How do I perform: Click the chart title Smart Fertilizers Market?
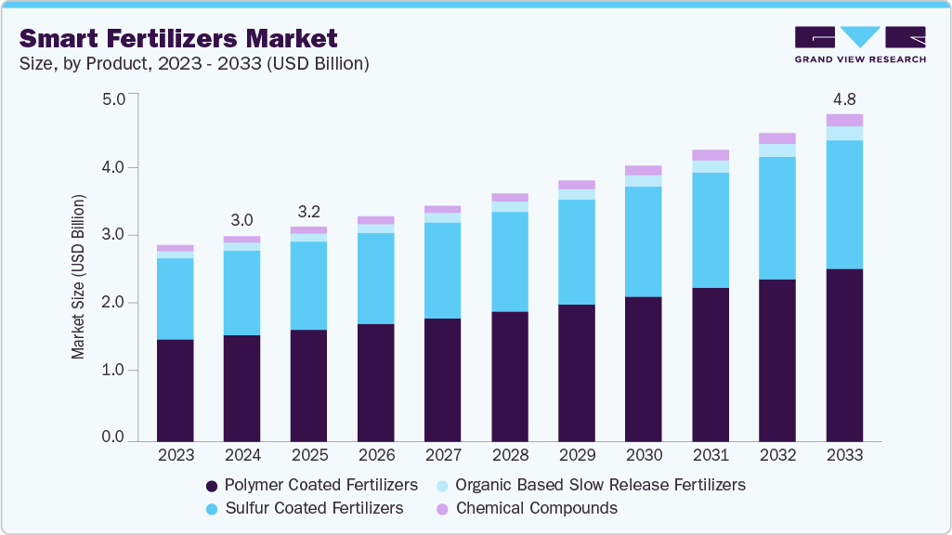[178, 38]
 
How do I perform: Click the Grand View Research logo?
[860, 45]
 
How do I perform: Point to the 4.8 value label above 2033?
[844, 98]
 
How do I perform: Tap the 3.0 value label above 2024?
[242, 220]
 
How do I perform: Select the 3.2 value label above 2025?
[309, 210]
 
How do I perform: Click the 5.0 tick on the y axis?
[112, 98]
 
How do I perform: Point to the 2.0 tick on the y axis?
[112, 303]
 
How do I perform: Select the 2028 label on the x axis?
[510, 455]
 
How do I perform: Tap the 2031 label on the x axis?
[711, 455]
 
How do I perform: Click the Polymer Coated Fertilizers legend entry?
[311, 485]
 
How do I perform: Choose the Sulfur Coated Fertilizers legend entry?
[304, 508]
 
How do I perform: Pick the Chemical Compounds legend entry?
[526, 508]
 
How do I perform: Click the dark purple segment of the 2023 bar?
[176, 390]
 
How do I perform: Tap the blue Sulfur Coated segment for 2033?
[844, 204]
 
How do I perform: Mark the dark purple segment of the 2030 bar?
[644, 369]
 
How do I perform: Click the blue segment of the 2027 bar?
[443, 270]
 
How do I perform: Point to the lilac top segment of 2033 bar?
[844, 120]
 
